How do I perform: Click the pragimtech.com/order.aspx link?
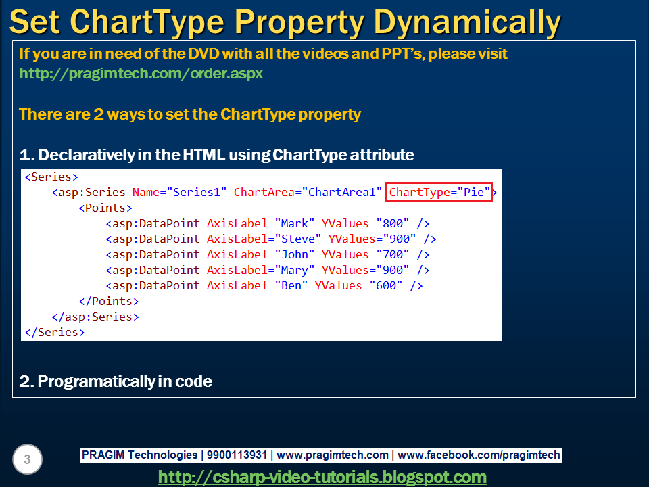(141, 73)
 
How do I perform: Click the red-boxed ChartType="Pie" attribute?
(439, 192)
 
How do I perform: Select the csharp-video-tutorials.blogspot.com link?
(322, 476)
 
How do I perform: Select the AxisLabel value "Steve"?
(298, 239)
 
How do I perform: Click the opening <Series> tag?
(48, 177)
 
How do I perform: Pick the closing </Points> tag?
(109, 301)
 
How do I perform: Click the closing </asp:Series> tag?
(95, 317)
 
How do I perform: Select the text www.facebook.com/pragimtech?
(479, 455)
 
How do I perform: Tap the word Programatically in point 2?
(96, 381)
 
